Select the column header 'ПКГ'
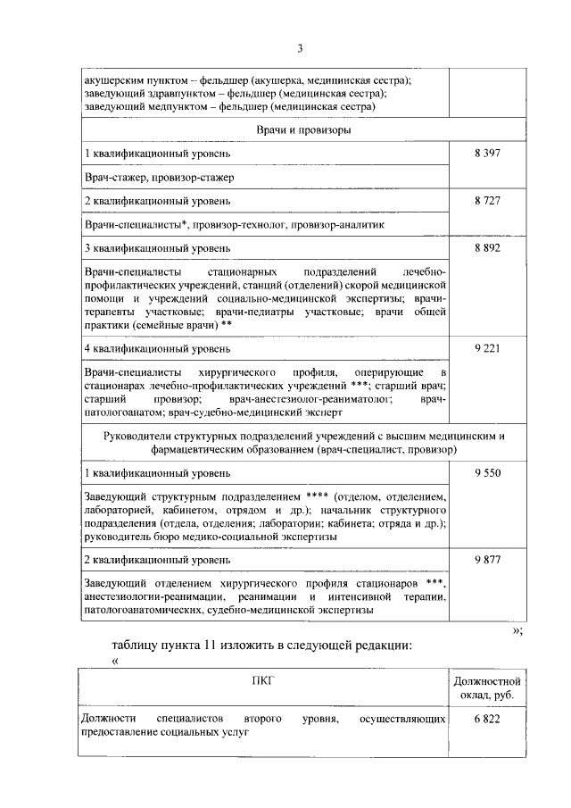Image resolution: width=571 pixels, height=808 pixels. pos(263,680)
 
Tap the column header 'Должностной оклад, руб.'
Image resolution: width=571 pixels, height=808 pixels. pos(486,688)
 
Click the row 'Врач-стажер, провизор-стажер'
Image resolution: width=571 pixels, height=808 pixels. pos(160,178)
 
